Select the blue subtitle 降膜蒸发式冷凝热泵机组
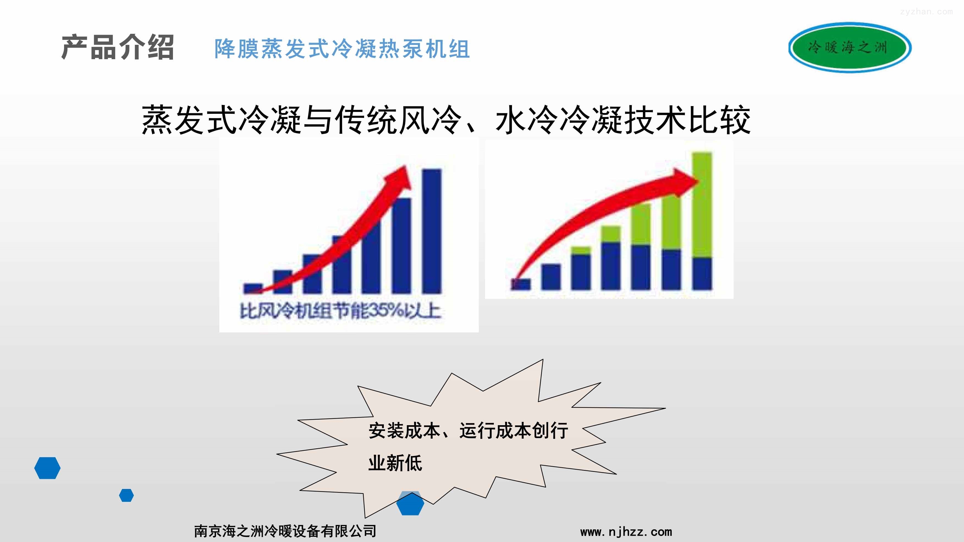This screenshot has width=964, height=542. tap(342, 49)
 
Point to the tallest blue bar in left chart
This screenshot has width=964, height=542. tap(432, 231)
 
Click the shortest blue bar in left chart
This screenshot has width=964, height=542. tap(253, 288)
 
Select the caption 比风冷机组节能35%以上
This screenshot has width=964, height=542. tap(340, 311)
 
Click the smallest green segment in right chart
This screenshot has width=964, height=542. tap(581, 250)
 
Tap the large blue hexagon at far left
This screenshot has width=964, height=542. tap(47, 468)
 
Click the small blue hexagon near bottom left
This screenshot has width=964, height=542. tap(126, 495)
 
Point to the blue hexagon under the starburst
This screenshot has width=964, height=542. tap(410, 504)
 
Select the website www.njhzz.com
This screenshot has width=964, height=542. tap(626, 532)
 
